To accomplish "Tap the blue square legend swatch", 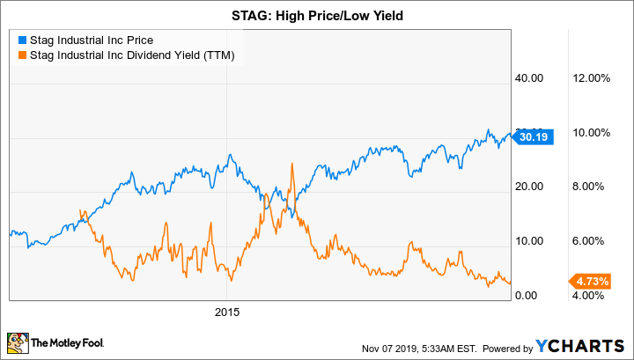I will click(x=21, y=40).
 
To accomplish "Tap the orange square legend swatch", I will click(x=21, y=56).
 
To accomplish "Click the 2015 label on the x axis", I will click(x=227, y=312).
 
